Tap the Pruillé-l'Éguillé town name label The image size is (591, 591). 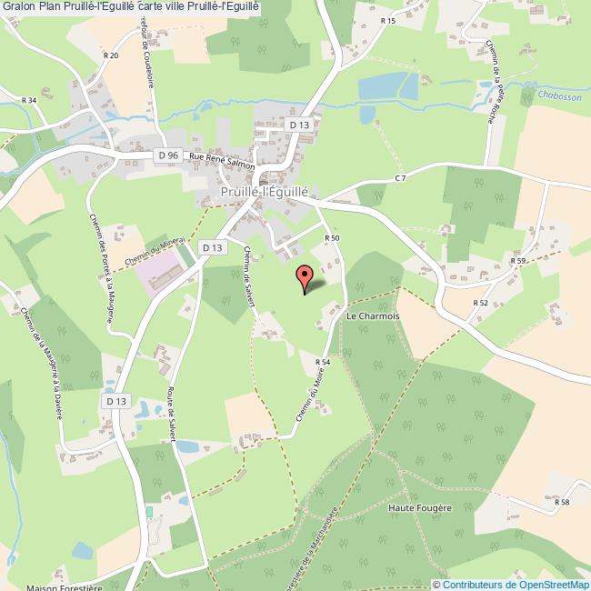pos(265,193)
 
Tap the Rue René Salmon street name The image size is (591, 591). pos(221,160)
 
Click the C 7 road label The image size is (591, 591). pos(399,177)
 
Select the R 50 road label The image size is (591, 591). pos(332,237)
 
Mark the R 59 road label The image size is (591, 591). pos(518,261)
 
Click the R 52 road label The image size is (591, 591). pos(481,303)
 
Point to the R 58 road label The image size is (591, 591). pos(562,502)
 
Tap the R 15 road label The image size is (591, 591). pos(388,20)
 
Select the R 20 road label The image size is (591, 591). pos(111,55)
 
